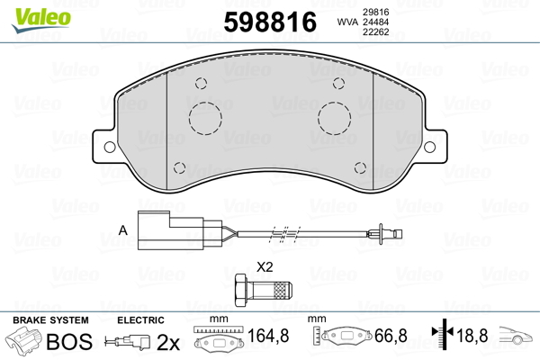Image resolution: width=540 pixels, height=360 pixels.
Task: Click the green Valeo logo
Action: [x=41, y=20]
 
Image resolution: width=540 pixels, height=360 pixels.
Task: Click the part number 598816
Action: [x=270, y=22]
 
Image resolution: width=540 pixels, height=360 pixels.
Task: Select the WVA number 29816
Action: [x=375, y=12]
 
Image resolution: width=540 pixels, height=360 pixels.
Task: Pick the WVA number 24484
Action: [x=375, y=22]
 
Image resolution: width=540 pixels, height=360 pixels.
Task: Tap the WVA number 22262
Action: [x=375, y=32]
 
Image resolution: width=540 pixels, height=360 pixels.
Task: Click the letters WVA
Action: [x=347, y=22]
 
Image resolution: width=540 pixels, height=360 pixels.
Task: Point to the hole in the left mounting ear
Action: [x=110, y=147]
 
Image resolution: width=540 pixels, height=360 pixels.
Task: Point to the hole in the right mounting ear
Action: [x=429, y=147]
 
